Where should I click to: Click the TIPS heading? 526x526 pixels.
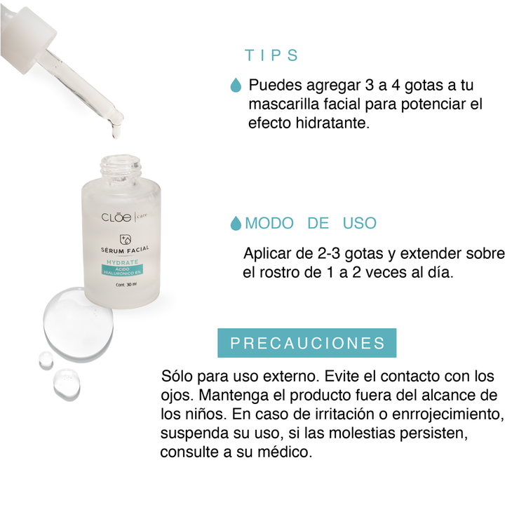(x=271, y=56)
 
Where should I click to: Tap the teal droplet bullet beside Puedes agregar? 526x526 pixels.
(x=236, y=86)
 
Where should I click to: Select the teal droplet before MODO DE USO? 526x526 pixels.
(x=236, y=224)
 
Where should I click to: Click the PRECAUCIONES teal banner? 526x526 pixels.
(x=307, y=343)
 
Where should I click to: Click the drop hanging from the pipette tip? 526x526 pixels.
(x=114, y=129)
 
